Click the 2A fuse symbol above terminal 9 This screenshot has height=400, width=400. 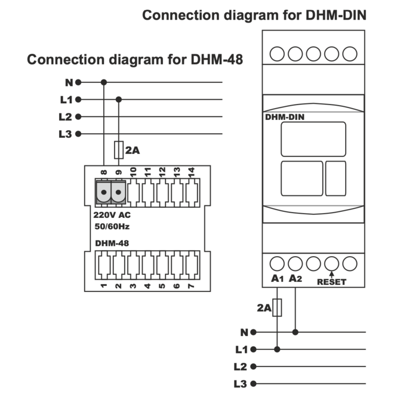click(x=119, y=149)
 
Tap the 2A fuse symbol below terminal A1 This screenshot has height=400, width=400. click(x=277, y=307)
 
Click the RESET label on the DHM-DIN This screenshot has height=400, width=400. click(x=331, y=282)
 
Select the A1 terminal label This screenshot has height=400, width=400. click(x=276, y=278)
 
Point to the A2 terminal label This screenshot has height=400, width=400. click(x=296, y=278)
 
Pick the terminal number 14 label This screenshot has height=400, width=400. click(x=191, y=172)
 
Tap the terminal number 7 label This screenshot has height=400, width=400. click(x=191, y=286)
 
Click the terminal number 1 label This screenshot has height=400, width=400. click(x=104, y=286)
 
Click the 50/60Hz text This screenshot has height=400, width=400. click(x=112, y=227)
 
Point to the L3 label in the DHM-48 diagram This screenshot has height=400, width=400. click(x=66, y=134)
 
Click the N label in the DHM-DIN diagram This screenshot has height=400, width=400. click(x=244, y=332)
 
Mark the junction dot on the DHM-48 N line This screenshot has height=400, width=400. click(x=104, y=82)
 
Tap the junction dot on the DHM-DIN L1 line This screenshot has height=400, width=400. click(x=277, y=349)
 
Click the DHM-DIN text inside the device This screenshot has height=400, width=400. click(x=285, y=117)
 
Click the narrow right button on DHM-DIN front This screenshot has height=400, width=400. click(x=336, y=178)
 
